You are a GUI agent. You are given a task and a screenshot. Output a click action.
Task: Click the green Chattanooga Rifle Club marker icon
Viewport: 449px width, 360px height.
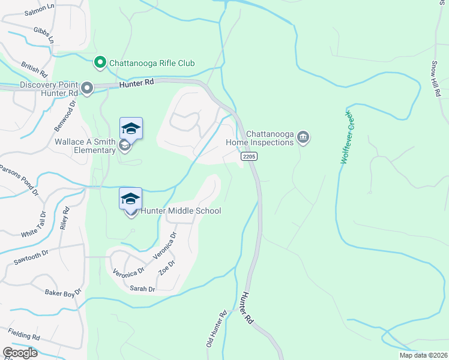100,62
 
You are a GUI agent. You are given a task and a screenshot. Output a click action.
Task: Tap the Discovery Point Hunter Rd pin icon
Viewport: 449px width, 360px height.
87,89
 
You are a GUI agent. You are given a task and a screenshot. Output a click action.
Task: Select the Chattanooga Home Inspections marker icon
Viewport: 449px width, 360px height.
303,138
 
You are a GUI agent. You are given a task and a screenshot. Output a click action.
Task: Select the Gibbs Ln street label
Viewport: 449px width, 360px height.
44,35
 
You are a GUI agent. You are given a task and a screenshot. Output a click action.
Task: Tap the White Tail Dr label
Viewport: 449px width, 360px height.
33,224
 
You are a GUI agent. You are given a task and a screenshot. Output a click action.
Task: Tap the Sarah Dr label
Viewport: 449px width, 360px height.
142,289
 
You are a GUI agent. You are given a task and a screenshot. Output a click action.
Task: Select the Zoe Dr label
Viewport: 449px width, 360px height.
166,268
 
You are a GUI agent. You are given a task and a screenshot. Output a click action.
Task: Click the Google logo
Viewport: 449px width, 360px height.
20,353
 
